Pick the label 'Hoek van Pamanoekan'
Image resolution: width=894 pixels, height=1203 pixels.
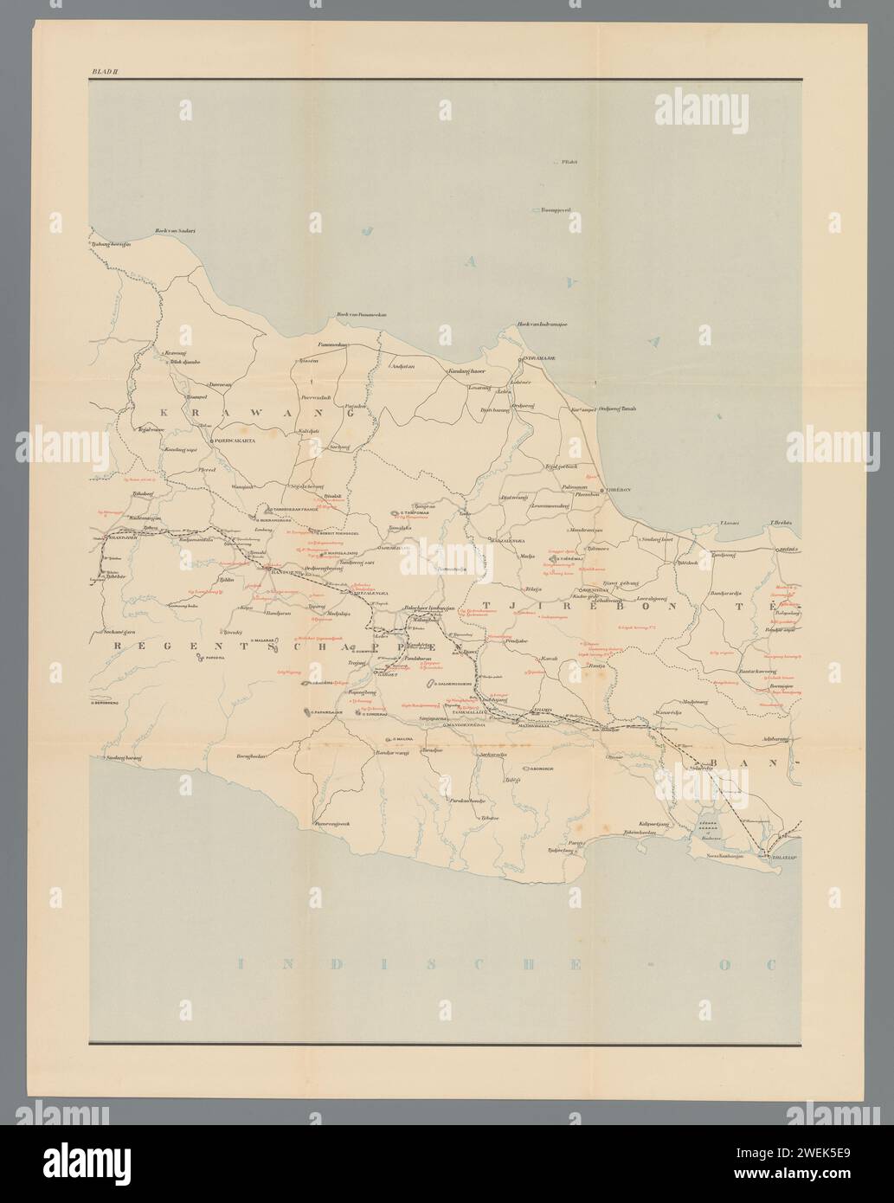coord(359,315)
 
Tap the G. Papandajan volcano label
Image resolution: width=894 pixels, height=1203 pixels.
coord(325,712)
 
